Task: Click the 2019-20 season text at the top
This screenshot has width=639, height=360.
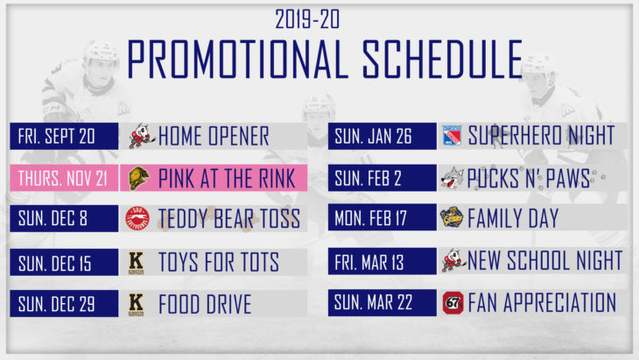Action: (x=307, y=19)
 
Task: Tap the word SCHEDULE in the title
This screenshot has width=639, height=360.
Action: (x=442, y=60)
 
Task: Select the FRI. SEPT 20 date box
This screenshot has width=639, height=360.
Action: (x=65, y=136)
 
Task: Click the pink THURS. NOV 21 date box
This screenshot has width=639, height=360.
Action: (x=65, y=178)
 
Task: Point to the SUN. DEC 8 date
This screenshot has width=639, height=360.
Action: (x=65, y=218)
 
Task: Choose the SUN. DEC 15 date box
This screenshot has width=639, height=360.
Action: (x=65, y=262)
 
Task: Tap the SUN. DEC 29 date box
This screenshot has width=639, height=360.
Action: (x=65, y=303)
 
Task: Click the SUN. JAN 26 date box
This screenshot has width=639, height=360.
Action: (x=383, y=136)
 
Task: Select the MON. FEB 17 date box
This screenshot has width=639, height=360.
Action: (x=383, y=217)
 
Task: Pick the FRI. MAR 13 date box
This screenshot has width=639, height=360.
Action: (x=383, y=261)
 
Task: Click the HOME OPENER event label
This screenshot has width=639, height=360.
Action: (x=214, y=136)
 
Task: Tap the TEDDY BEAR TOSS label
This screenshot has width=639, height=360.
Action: (x=229, y=218)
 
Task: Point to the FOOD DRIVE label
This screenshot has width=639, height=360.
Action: (x=205, y=304)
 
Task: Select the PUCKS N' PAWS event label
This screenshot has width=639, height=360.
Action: (x=529, y=178)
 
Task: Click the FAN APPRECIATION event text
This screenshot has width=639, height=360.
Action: (x=542, y=302)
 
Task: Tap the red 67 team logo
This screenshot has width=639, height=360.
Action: (x=453, y=303)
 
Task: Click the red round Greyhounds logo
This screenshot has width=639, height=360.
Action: (x=137, y=218)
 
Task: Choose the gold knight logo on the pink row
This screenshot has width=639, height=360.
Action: (x=138, y=178)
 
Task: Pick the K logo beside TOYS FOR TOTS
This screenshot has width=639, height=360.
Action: (x=136, y=263)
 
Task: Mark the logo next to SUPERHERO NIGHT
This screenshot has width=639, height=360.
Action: (x=452, y=136)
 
